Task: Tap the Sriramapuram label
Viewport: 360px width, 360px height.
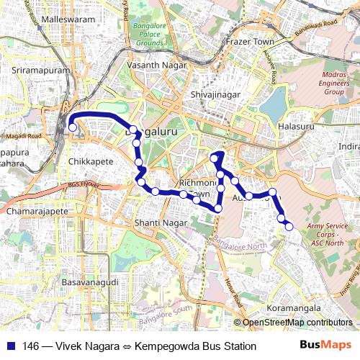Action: (x=42, y=71)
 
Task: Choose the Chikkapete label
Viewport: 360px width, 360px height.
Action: (x=91, y=161)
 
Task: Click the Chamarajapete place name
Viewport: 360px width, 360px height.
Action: (x=36, y=212)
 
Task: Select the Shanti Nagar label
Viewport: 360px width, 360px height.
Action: (x=161, y=222)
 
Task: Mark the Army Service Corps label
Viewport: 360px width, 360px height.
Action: (x=327, y=235)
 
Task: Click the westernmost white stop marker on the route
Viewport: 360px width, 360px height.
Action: (x=72, y=128)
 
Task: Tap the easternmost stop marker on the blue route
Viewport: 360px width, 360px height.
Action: (x=289, y=227)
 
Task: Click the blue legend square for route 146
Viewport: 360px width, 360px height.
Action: (x=9, y=346)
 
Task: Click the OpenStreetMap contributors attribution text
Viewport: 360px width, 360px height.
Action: (x=297, y=323)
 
